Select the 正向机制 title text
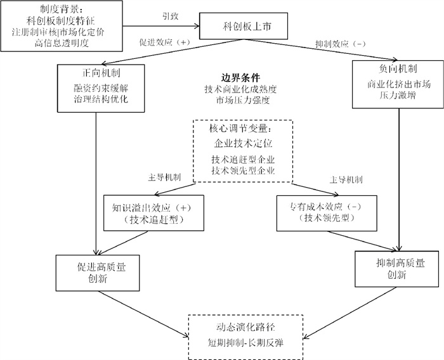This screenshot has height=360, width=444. [95, 72]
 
